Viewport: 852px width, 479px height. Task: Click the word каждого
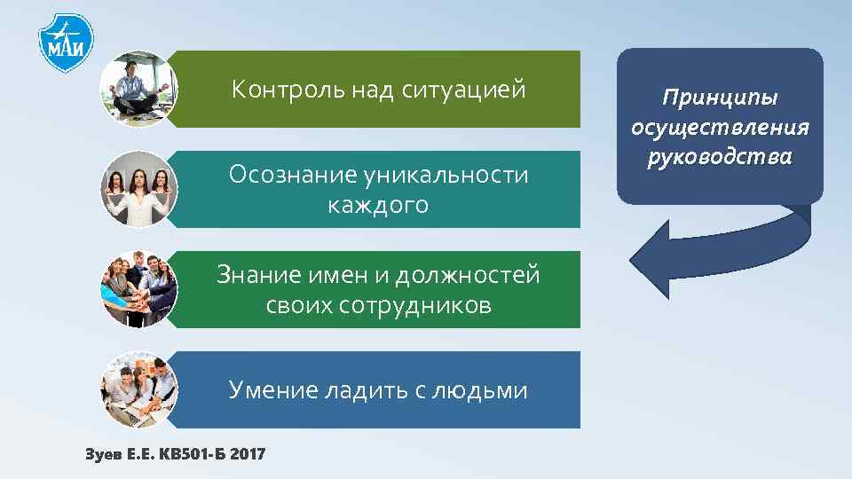click(377, 206)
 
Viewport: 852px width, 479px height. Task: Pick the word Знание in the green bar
click(251, 276)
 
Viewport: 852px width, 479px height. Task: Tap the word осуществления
click(721, 127)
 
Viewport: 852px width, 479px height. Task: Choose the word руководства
click(721, 157)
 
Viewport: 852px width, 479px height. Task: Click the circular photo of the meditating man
click(138, 89)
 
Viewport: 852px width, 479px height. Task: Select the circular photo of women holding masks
click(138, 189)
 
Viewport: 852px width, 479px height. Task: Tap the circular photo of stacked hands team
click(138, 289)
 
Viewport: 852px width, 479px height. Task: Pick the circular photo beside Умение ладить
click(138, 389)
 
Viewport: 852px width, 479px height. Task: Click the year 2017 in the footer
click(247, 454)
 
